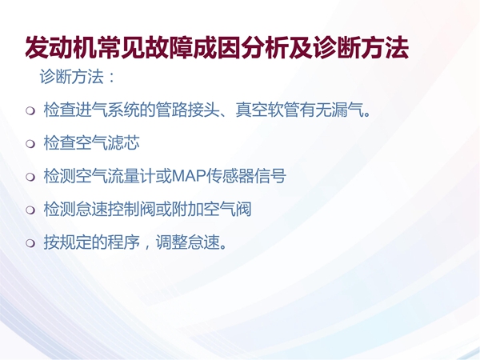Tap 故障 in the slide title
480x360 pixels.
[x=169, y=47]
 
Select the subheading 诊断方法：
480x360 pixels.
[x=77, y=77]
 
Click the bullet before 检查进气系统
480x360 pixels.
[x=30, y=110]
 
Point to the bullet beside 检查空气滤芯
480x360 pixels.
[x=30, y=143]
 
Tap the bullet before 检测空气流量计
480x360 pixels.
[x=30, y=177]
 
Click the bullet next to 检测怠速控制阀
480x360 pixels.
[x=30, y=210]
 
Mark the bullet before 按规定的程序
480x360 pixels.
[x=30, y=242]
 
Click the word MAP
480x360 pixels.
[x=189, y=176]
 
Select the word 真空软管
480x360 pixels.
[x=267, y=110]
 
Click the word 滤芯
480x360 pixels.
[x=124, y=142]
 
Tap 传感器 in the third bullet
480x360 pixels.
[x=230, y=176]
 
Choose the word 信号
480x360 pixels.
[x=270, y=176]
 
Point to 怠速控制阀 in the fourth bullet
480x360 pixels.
[x=116, y=209]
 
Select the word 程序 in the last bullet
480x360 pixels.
[x=124, y=242]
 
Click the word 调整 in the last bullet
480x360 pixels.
[x=171, y=242]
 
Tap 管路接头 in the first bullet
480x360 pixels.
[x=187, y=110]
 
